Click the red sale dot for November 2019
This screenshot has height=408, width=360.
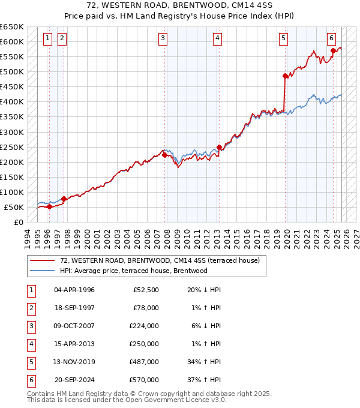(x=285, y=76)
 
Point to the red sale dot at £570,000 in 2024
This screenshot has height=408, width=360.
(x=333, y=51)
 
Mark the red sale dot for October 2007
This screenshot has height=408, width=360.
(x=164, y=155)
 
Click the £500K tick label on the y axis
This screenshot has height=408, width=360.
(x=11, y=72)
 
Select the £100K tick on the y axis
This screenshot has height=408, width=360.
(x=11, y=193)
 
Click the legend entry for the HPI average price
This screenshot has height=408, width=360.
(x=133, y=271)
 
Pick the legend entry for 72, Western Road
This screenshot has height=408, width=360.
(x=159, y=260)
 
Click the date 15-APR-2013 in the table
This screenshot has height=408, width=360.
(x=74, y=344)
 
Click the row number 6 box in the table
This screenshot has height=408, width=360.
(x=29, y=380)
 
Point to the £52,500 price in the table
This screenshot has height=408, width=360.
(x=146, y=290)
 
